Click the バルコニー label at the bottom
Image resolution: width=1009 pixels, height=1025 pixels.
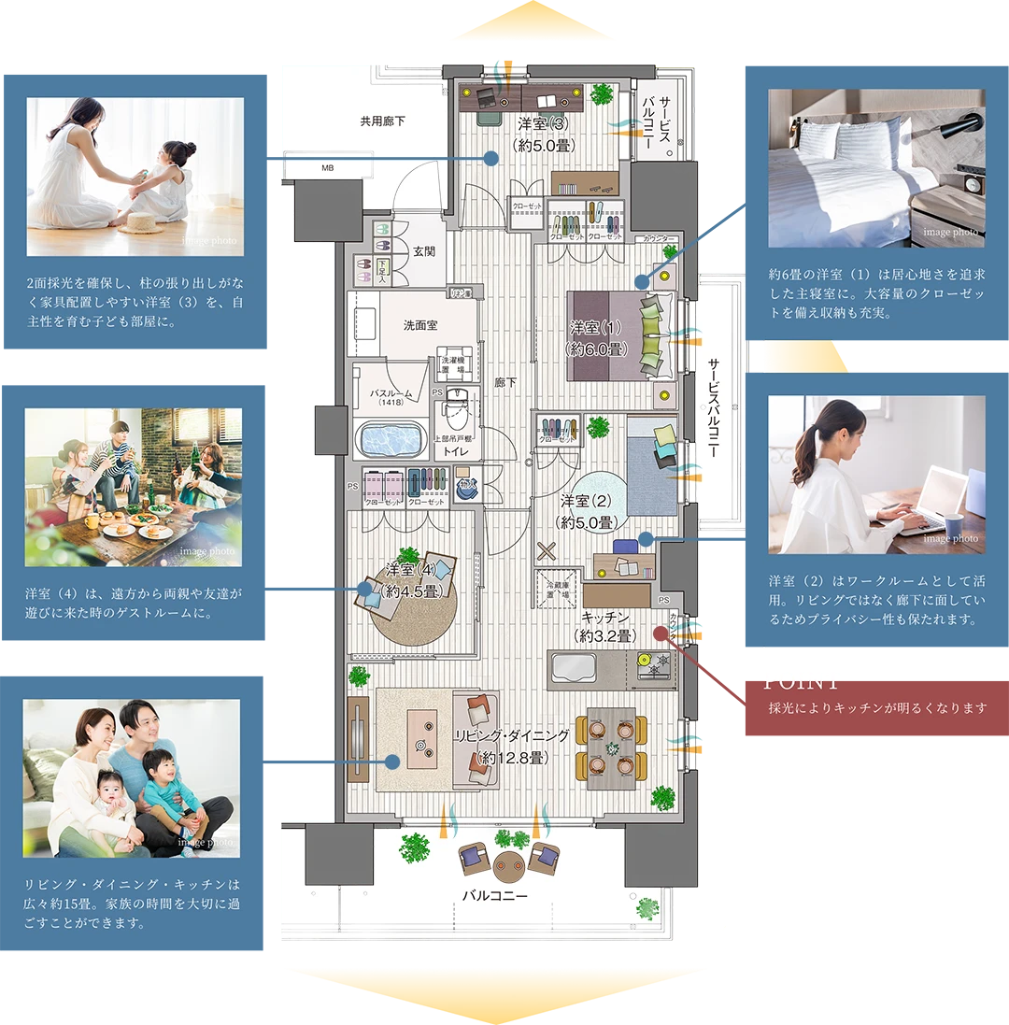(x=495, y=895)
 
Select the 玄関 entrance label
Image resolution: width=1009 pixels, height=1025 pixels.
(x=423, y=251)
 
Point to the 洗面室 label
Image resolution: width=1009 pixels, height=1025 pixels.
(x=420, y=325)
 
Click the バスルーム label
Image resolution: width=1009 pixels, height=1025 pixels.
(x=390, y=392)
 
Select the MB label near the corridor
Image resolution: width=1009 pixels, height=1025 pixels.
(x=327, y=168)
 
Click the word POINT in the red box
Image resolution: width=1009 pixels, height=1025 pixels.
(x=802, y=683)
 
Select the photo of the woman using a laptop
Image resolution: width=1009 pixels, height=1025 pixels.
(x=876, y=475)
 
